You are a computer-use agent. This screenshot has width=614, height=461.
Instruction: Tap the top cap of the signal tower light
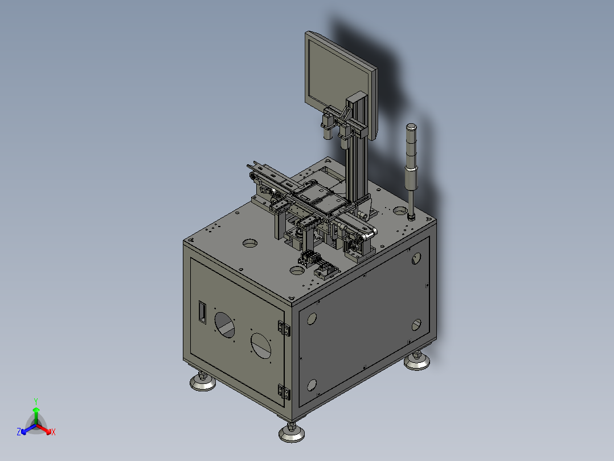click(411, 127)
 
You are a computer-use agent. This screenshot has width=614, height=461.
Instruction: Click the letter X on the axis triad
click(54, 432)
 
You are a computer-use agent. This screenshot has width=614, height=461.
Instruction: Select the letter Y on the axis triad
click(36, 401)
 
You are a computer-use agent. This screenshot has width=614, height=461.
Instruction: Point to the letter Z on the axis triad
click(19, 431)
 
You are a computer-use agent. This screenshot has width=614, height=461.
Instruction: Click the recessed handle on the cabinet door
click(202, 312)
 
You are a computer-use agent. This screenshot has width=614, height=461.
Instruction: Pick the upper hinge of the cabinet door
click(284, 328)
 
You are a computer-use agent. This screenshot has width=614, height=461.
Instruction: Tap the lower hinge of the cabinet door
click(284, 392)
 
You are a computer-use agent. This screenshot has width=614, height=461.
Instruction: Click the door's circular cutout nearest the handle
click(225, 325)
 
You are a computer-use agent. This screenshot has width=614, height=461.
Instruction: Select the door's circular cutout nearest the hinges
click(261, 346)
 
